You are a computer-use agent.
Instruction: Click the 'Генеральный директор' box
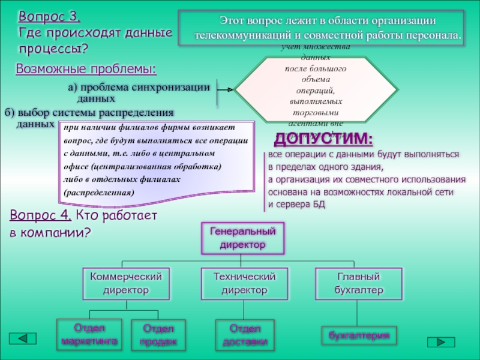(x=242, y=238)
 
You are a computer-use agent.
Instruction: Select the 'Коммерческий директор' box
(x=125, y=283)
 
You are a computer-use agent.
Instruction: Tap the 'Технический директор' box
(x=244, y=283)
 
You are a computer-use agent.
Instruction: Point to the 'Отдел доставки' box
(x=244, y=335)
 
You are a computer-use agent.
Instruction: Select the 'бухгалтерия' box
(x=359, y=335)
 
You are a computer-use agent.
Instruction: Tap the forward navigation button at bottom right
(x=441, y=342)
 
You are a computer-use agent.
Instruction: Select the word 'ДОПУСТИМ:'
(x=323, y=139)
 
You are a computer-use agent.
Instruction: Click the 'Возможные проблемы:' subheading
(x=86, y=69)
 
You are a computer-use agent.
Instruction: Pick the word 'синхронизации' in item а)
(x=179, y=88)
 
